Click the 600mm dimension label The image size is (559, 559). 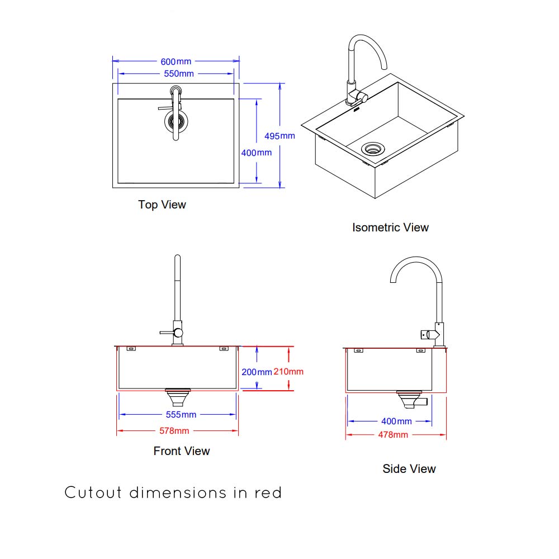point(176,61)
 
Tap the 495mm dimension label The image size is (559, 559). point(279,136)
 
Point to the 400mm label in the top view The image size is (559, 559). point(257,153)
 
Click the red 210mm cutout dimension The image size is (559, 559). point(288,372)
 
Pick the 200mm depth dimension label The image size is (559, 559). point(257,372)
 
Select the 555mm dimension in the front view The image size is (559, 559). point(181,415)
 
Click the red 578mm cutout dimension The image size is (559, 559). point(174,431)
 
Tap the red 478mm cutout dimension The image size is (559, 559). point(393,435)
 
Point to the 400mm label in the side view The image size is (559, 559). point(396,421)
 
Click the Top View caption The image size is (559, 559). point(162,205)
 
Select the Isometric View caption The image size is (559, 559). point(390,228)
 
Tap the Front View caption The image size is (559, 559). point(182,451)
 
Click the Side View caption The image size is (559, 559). point(409,469)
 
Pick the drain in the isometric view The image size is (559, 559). point(373,148)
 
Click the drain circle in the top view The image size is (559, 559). point(176,120)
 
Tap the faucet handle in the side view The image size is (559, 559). point(428,334)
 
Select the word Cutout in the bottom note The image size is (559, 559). point(94,493)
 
